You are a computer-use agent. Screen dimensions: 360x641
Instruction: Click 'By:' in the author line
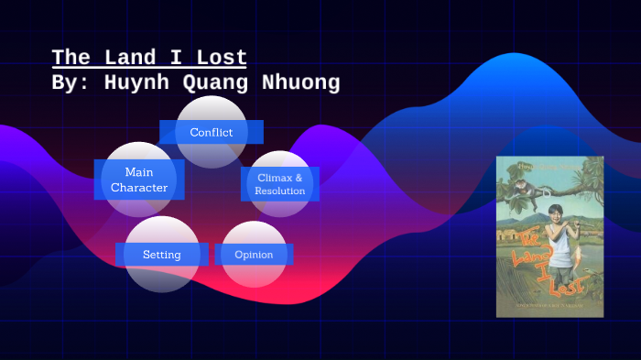coord(70,83)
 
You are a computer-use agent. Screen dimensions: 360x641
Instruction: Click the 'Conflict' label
coord(211,132)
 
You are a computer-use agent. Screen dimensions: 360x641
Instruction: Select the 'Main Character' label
coord(139,180)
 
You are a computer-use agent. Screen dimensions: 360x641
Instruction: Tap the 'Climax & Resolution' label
coord(280,183)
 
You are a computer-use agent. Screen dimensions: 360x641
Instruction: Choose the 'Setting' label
coord(161,254)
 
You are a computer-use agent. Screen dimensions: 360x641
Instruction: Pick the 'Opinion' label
coord(254,254)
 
